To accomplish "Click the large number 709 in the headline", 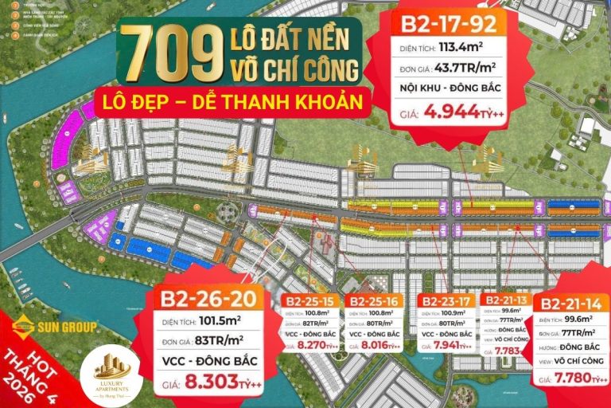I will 169,54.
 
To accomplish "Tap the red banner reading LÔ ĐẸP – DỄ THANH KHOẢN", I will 232,101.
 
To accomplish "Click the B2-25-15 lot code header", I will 310,302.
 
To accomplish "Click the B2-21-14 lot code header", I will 570,303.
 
